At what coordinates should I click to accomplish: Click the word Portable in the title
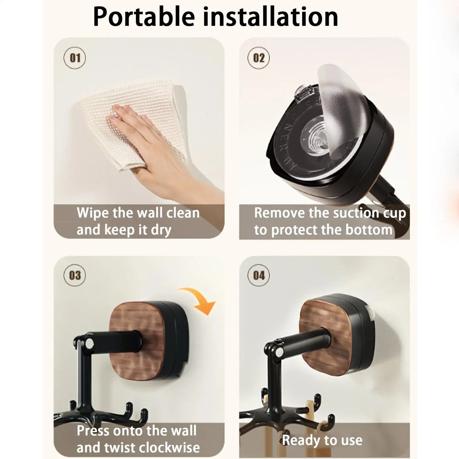pyautogui.click(x=144, y=17)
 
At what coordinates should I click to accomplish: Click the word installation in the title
pyautogui.click(x=270, y=17)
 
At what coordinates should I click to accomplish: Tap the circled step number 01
pyautogui.click(x=75, y=58)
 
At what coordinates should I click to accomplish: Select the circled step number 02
pyautogui.click(x=259, y=58)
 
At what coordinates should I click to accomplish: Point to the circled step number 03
pyautogui.click(x=75, y=275)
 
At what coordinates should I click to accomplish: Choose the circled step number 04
pyautogui.click(x=259, y=275)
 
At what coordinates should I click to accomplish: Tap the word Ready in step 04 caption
pyautogui.click(x=298, y=440)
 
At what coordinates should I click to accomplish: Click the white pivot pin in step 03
pyautogui.click(x=89, y=343)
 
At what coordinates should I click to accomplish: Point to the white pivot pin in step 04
pyautogui.click(x=279, y=352)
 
